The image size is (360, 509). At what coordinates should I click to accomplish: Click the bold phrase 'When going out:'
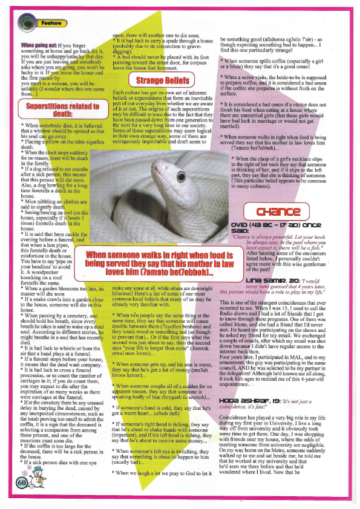click(x=41, y=45)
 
